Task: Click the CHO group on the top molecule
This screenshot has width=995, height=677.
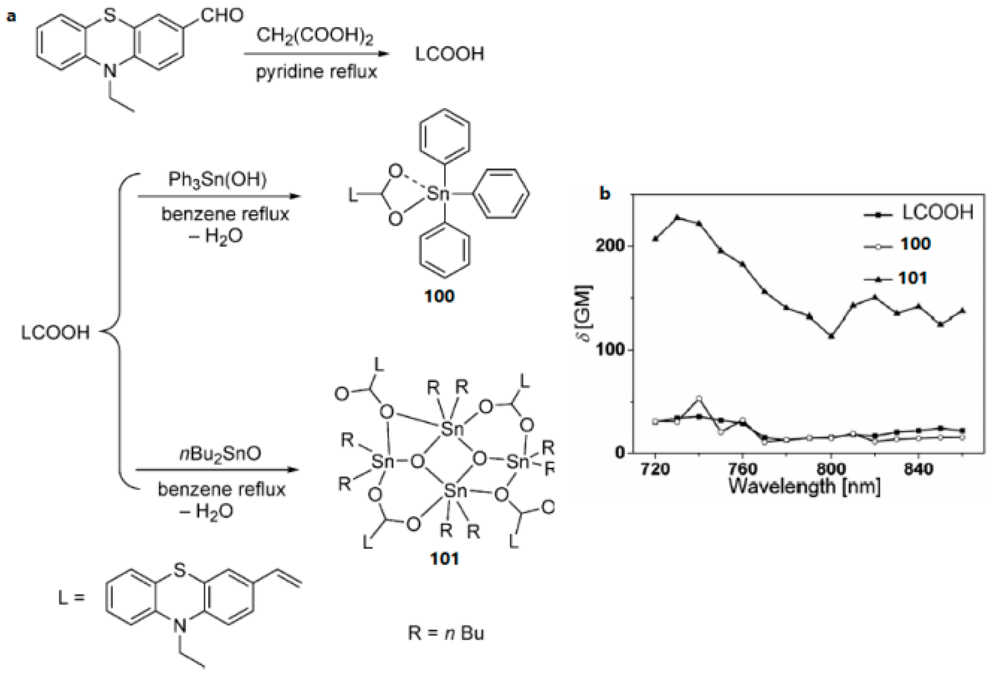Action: pyautogui.click(x=222, y=16)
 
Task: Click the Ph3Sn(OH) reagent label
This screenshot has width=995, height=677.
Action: pyautogui.click(x=218, y=179)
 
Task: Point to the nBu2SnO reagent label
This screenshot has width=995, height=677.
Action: pyautogui.click(x=220, y=453)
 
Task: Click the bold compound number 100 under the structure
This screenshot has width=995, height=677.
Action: pyautogui.click(x=439, y=296)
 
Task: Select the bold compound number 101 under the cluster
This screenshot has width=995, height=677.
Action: pyautogui.click(x=444, y=559)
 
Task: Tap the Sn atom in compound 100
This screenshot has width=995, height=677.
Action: pyautogui.click(x=438, y=194)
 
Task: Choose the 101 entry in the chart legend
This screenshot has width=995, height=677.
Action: pyautogui.click(x=913, y=278)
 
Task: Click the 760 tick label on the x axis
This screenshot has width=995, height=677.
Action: pyautogui.click(x=743, y=470)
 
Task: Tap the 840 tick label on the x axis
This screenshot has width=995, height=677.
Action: pyautogui.click(x=918, y=470)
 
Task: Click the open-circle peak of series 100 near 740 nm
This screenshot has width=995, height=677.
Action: pyautogui.click(x=699, y=399)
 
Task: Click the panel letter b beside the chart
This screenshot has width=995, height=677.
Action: pyautogui.click(x=605, y=194)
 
